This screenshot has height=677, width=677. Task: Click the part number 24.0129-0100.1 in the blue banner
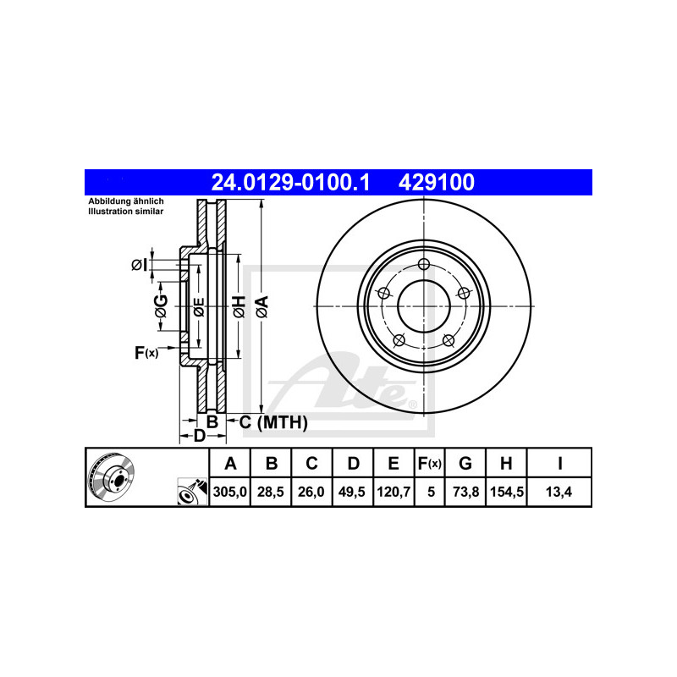(290, 182)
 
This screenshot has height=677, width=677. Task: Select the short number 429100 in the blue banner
(436, 182)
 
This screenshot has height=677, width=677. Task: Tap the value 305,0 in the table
(229, 492)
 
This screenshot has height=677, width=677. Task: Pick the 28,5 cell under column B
(271, 492)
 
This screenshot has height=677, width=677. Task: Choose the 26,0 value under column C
(311, 492)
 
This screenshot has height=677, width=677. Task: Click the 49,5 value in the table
(352, 492)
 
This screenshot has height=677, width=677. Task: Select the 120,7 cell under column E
(394, 492)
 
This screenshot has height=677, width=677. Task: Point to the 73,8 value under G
(465, 492)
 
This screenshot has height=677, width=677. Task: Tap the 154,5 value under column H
(506, 492)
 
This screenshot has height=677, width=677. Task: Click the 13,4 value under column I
(559, 492)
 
